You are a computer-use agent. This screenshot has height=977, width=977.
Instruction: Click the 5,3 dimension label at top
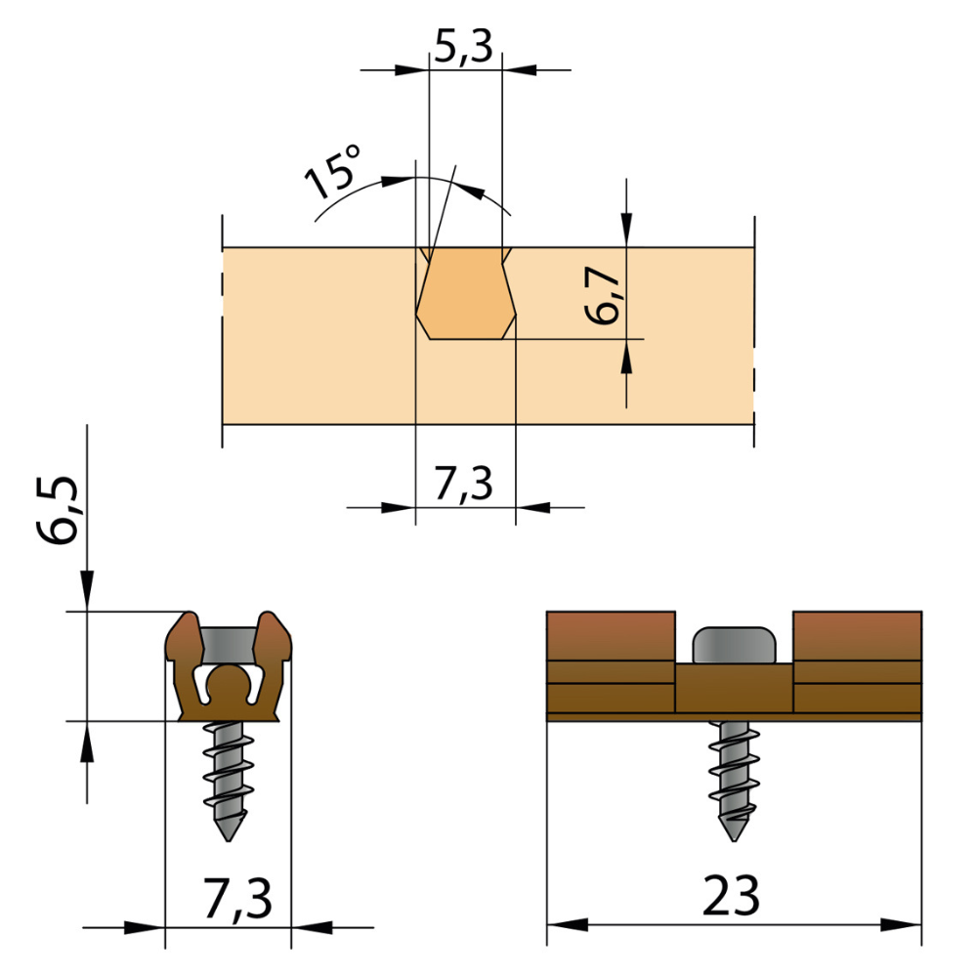(464, 47)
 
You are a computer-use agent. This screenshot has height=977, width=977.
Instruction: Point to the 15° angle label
(333, 172)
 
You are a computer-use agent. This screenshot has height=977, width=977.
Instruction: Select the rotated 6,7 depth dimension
(606, 295)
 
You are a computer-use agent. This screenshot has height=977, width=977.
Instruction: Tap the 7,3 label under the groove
(464, 485)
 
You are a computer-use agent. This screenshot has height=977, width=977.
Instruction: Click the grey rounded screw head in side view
(734, 644)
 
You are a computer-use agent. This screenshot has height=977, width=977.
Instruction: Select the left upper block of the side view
(611, 635)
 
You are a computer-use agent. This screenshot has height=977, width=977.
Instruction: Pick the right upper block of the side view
(857, 635)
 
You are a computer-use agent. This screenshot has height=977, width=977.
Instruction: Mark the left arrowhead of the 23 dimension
(567, 925)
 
